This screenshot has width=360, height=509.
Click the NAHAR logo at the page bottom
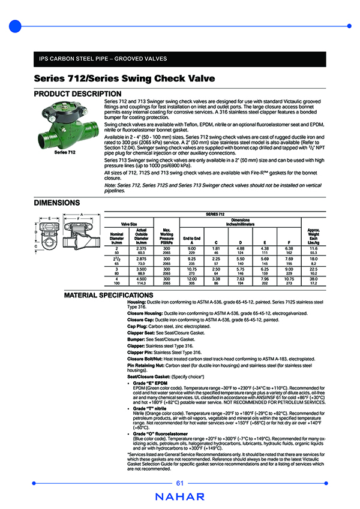179,496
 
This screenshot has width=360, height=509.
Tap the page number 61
179,483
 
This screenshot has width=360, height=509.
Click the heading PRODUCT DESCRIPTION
77,94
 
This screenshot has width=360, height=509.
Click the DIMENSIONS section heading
57,203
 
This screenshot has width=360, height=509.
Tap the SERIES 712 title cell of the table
215,213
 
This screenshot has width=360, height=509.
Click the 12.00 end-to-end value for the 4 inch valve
192,279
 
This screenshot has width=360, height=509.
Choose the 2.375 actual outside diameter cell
142,248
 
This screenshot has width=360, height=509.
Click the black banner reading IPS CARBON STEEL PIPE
179,59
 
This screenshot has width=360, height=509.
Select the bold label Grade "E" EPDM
150,382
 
